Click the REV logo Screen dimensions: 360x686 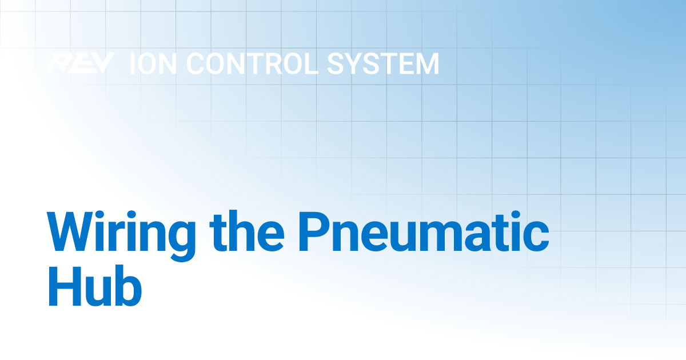coord(79,63)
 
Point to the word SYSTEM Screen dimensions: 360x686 coord(382,64)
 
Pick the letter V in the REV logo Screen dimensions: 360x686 coord(101,63)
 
